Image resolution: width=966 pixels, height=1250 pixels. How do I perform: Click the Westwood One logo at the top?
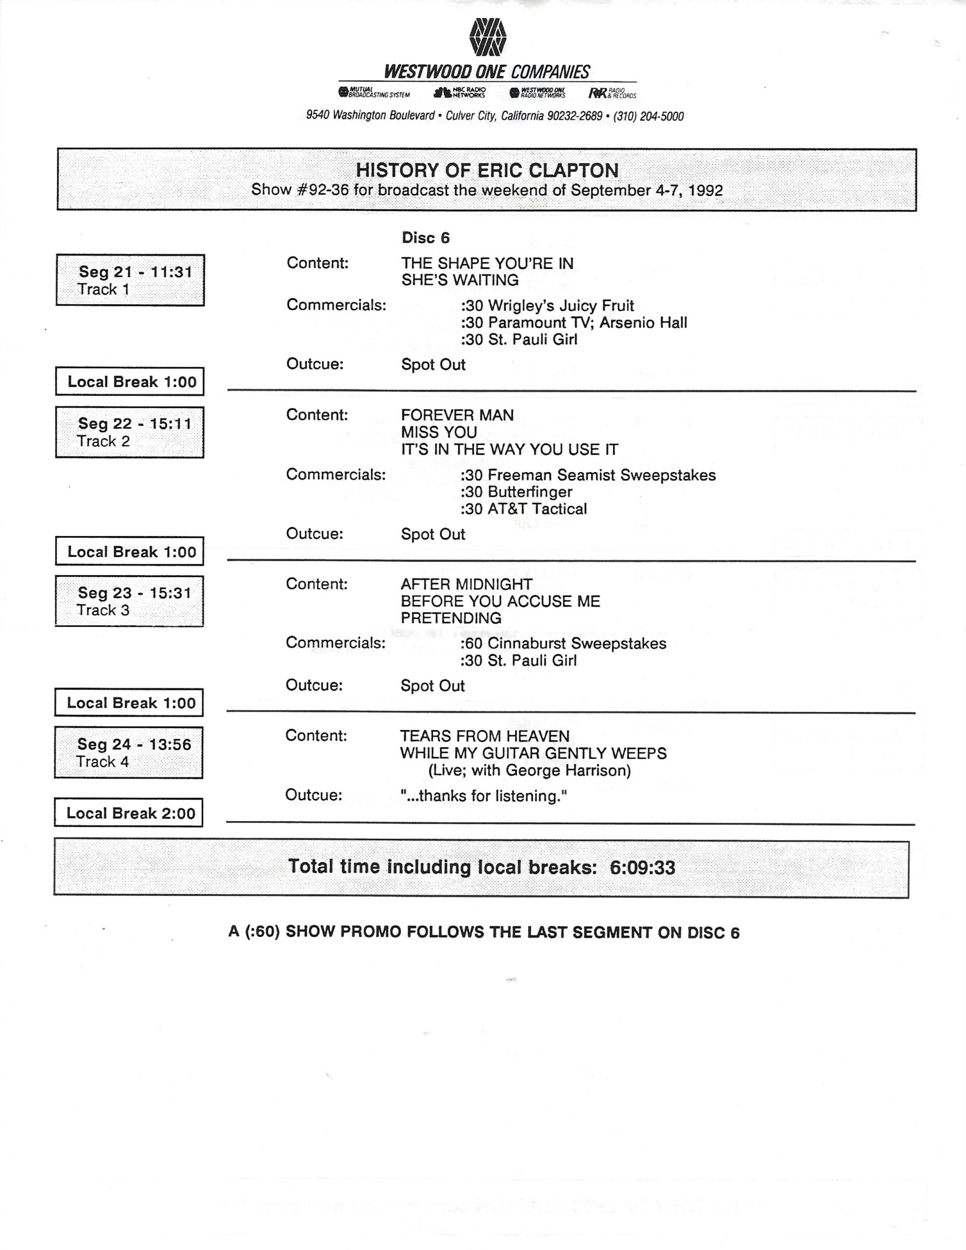tap(487, 38)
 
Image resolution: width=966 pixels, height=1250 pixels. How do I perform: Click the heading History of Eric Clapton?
tap(487, 170)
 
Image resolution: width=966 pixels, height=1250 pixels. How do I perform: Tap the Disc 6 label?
tap(425, 237)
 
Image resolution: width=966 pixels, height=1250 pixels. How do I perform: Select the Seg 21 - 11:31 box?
tap(130, 280)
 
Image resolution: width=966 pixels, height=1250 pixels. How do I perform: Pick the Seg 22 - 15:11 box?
tap(130, 432)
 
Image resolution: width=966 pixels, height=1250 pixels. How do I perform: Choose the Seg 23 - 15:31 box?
tap(129, 601)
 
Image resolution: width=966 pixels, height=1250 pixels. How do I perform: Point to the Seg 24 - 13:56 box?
tap(129, 752)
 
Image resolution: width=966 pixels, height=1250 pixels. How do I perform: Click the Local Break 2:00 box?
tap(129, 812)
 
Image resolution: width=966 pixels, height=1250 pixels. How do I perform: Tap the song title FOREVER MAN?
tap(457, 415)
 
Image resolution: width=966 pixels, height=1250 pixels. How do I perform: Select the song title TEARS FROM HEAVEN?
tap(484, 736)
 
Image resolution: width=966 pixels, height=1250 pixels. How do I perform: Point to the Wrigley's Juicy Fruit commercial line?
tap(547, 306)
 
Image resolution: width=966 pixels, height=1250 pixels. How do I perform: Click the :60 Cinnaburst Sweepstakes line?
tap(563, 644)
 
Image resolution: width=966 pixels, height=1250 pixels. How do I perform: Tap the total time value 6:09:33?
tap(642, 868)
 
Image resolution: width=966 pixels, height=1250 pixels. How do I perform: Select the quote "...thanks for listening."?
tap(483, 796)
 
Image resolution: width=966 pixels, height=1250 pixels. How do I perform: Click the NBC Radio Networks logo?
tap(460, 92)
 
